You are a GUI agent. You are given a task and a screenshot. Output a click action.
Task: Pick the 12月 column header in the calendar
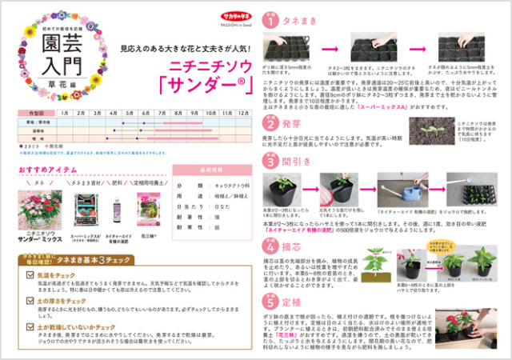(x=245, y=114)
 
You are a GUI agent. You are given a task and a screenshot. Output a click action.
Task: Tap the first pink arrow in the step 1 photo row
(x=328, y=50)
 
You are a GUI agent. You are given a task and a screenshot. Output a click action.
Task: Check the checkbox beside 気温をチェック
(x=32, y=274)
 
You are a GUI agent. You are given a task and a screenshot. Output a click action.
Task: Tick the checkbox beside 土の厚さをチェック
(x=32, y=300)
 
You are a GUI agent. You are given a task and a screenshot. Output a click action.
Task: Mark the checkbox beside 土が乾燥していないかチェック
(x=32, y=327)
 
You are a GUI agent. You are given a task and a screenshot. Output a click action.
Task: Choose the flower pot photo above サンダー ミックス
(x=39, y=211)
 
